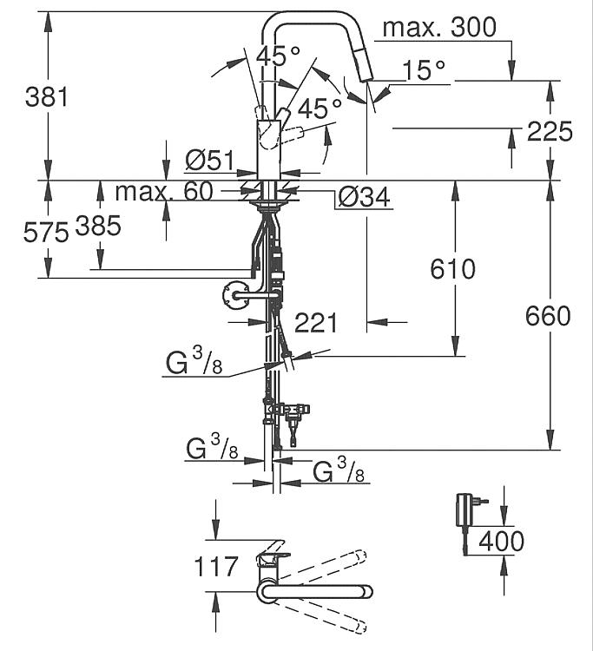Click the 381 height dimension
pos(46,97)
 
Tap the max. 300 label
pos(439,28)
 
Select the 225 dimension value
pos(550,132)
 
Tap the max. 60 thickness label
pos(164,192)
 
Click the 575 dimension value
pos(46,232)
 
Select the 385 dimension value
pos(98,226)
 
